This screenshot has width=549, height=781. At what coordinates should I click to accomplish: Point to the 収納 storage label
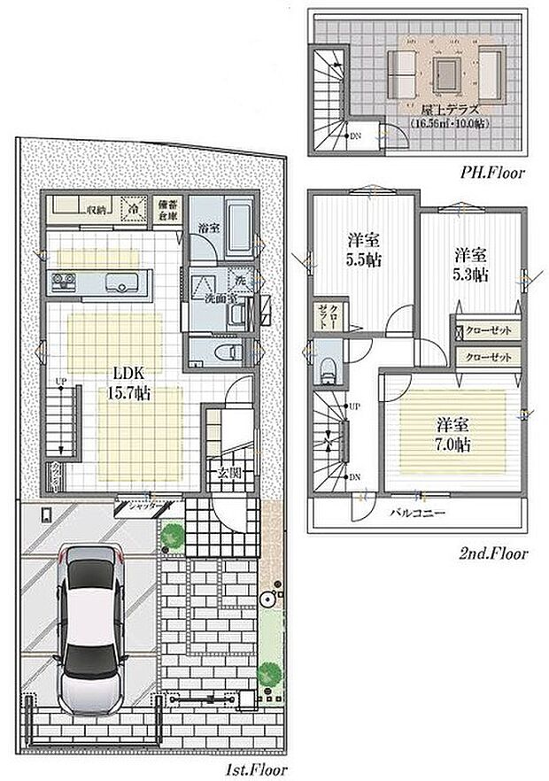[96, 210]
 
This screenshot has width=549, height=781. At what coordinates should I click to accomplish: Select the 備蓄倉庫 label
[168, 209]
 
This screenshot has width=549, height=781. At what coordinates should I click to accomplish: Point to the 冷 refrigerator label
[131, 210]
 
